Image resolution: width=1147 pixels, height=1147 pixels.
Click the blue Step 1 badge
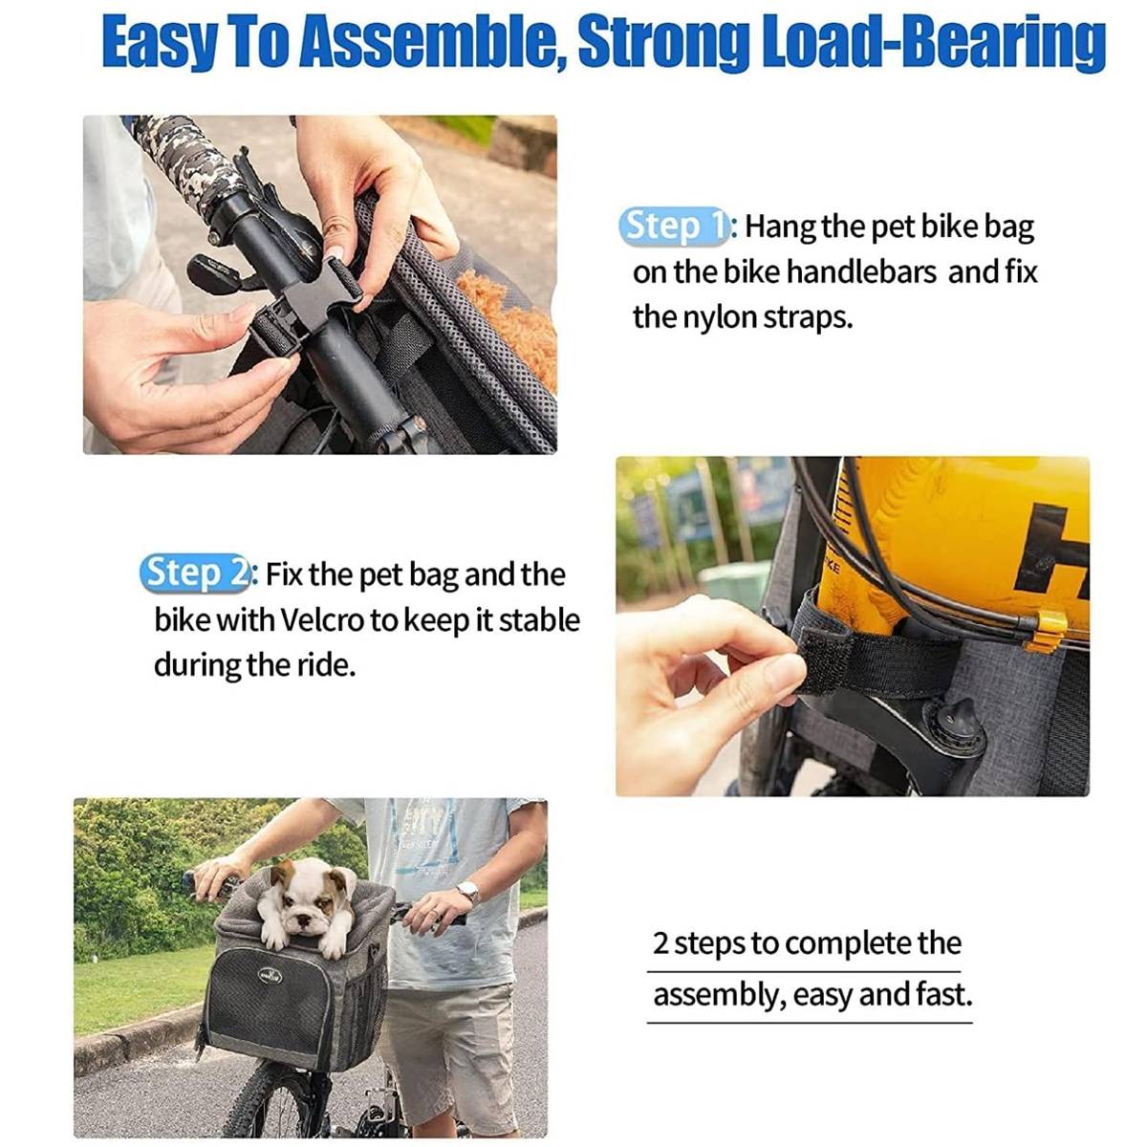tap(673, 227)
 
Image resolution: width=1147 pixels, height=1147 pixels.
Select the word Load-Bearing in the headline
tap(933, 42)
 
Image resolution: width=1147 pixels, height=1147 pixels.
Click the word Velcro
tap(321, 620)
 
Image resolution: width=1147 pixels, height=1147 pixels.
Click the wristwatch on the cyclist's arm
tap(469, 892)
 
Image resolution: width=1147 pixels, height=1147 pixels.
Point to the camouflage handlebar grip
tap(189, 159)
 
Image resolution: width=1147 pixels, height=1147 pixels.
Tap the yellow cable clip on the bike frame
tap(1047, 632)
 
